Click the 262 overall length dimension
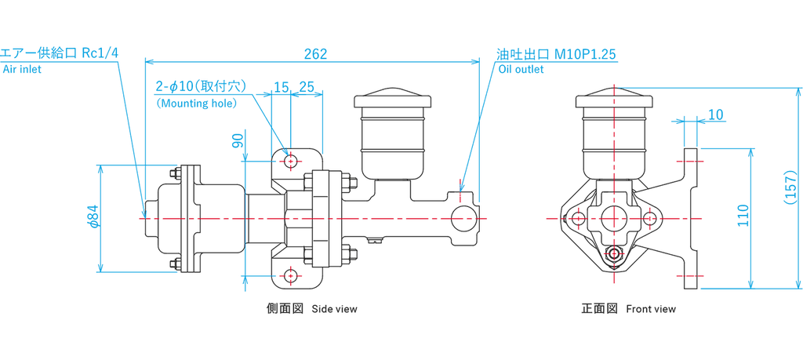click(315, 54)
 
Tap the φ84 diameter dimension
click(92, 216)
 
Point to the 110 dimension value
click(743, 215)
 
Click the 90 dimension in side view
click(237, 140)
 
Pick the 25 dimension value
click(306, 87)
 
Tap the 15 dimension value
click(281, 87)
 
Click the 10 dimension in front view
click(716, 115)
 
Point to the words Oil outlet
click(521, 70)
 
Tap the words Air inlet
click(22, 70)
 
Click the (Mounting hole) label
click(197, 104)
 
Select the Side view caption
click(334, 309)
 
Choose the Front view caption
click(650, 309)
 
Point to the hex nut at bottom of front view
click(615, 253)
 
